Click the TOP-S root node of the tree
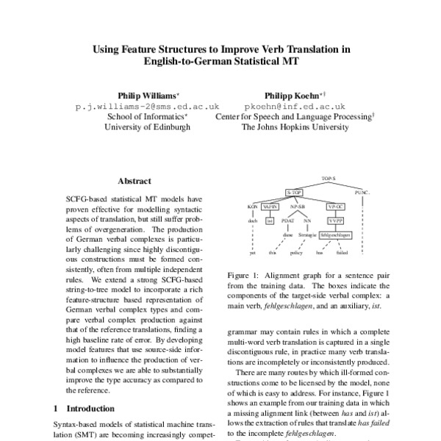coord(328,178)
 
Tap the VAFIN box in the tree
coord(270,206)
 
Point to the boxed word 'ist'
coord(270,220)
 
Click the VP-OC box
coord(336,206)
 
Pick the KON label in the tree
coord(251,206)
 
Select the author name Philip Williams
coord(147,96)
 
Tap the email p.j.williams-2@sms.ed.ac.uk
coord(148,107)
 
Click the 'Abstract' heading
coord(135,181)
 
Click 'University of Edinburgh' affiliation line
coord(148,127)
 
